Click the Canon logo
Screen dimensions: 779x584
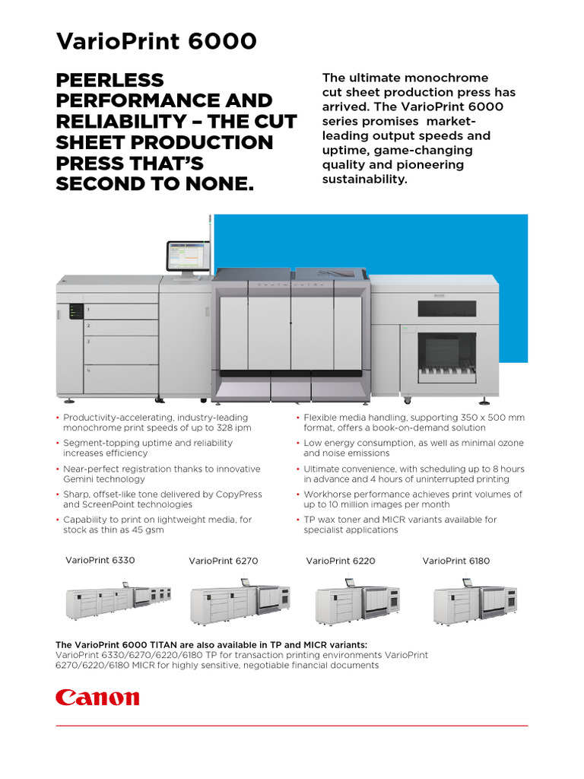click(97, 697)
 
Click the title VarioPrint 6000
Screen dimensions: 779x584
click(157, 41)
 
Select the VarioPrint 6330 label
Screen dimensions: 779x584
click(100, 560)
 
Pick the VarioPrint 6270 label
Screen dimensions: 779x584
click(224, 561)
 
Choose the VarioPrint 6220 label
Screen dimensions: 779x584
click(341, 561)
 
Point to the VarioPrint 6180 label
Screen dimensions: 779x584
click(456, 561)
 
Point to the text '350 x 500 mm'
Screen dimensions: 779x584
click(494, 418)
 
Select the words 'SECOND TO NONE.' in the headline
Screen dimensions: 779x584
click(155, 184)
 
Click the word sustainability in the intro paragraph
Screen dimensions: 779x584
click(365, 179)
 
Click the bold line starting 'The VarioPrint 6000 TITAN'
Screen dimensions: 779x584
click(211, 644)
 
